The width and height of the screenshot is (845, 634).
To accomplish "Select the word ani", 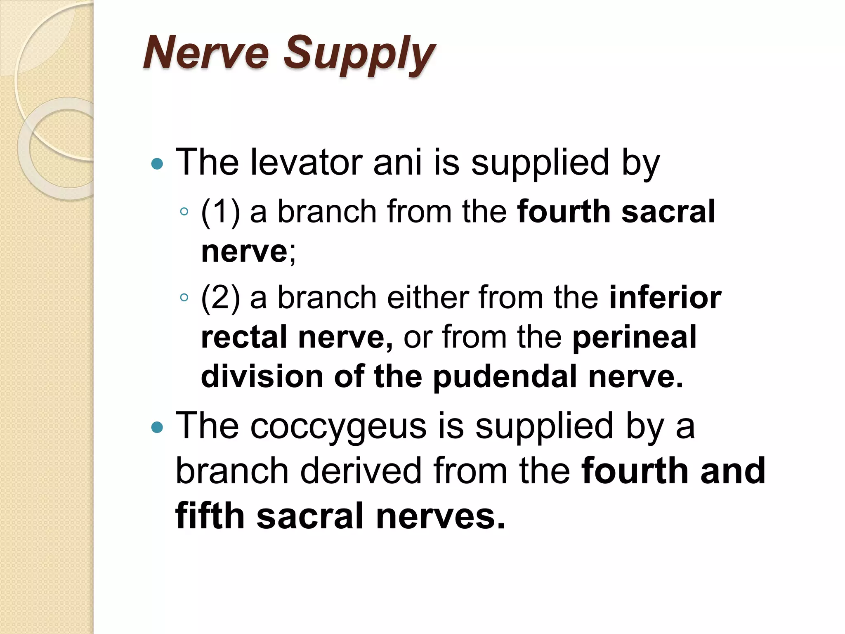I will [397, 162].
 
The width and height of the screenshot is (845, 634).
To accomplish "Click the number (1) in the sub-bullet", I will [220, 212].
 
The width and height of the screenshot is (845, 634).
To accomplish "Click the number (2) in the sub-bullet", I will [220, 298].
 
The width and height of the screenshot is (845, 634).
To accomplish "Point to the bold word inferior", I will [665, 298].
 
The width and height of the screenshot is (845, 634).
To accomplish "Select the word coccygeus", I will [338, 426].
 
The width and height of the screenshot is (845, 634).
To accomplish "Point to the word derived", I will [361, 471].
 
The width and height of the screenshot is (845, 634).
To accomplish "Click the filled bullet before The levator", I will [157, 164].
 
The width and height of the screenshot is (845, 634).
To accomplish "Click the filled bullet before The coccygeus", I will [157, 428].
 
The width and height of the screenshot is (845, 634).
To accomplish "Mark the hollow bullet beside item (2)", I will [184, 298].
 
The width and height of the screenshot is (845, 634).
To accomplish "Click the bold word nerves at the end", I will [440, 516].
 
